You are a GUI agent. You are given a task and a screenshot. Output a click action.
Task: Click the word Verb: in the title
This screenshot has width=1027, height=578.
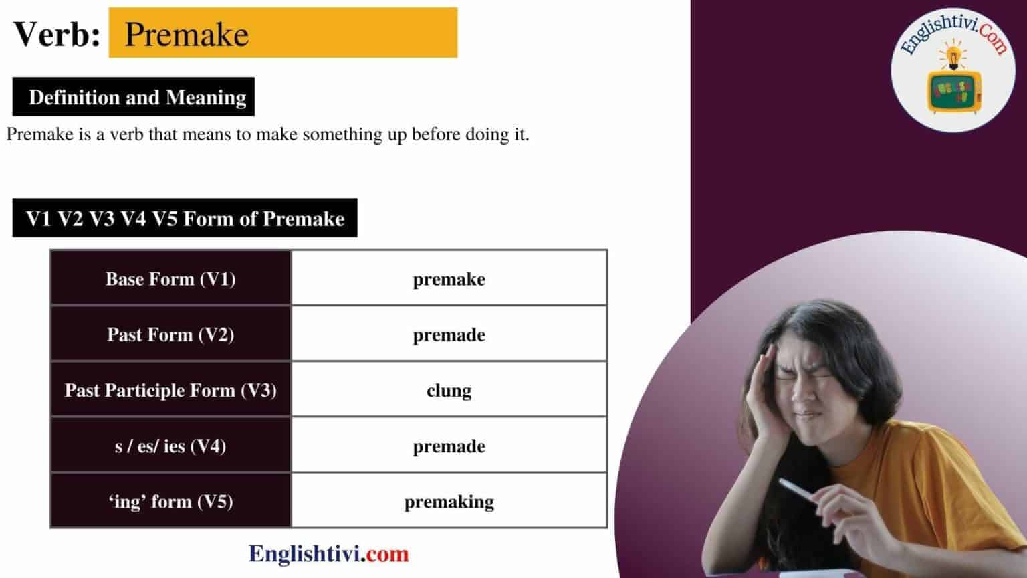pyautogui.click(x=57, y=34)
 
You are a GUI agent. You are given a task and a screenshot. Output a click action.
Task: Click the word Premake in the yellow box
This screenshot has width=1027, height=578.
pyautogui.click(x=187, y=34)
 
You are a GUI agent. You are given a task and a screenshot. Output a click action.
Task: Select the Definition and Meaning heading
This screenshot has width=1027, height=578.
pyautogui.click(x=134, y=97)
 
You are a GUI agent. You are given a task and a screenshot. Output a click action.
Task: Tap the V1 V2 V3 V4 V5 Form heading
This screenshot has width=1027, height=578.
pyautogui.click(x=185, y=218)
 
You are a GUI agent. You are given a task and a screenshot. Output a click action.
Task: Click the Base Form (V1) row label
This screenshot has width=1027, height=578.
pyautogui.click(x=170, y=279)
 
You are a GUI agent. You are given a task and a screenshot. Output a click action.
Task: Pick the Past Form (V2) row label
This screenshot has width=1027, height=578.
pyautogui.click(x=170, y=334)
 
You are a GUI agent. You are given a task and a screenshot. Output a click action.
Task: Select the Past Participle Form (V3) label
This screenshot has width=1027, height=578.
pyautogui.click(x=170, y=390)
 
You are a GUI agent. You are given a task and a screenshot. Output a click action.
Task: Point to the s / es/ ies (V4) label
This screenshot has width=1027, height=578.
pyautogui.click(x=170, y=446)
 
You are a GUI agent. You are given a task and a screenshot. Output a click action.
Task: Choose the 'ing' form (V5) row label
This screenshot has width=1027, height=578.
pyautogui.click(x=170, y=501)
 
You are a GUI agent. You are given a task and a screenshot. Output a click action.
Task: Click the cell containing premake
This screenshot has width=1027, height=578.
pyautogui.click(x=449, y=278)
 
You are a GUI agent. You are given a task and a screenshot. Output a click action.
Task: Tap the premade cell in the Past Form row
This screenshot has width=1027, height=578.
pyautogui.click(x=449, y=334)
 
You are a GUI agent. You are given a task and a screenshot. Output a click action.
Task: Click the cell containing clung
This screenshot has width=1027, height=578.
pyautogui.click(x=449, y=389)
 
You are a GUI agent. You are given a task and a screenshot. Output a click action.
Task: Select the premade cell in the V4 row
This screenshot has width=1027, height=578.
pyautogui.click(x=449, y=445)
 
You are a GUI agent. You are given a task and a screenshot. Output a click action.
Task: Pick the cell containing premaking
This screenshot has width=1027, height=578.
pyautogui.click(x=449, y=500)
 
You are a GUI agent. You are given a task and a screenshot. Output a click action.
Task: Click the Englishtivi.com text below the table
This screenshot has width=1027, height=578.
pyautogui.click(x=328, y=554)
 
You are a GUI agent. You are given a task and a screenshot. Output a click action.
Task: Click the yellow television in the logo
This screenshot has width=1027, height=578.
pyautogui.click(x=954, y=92)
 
